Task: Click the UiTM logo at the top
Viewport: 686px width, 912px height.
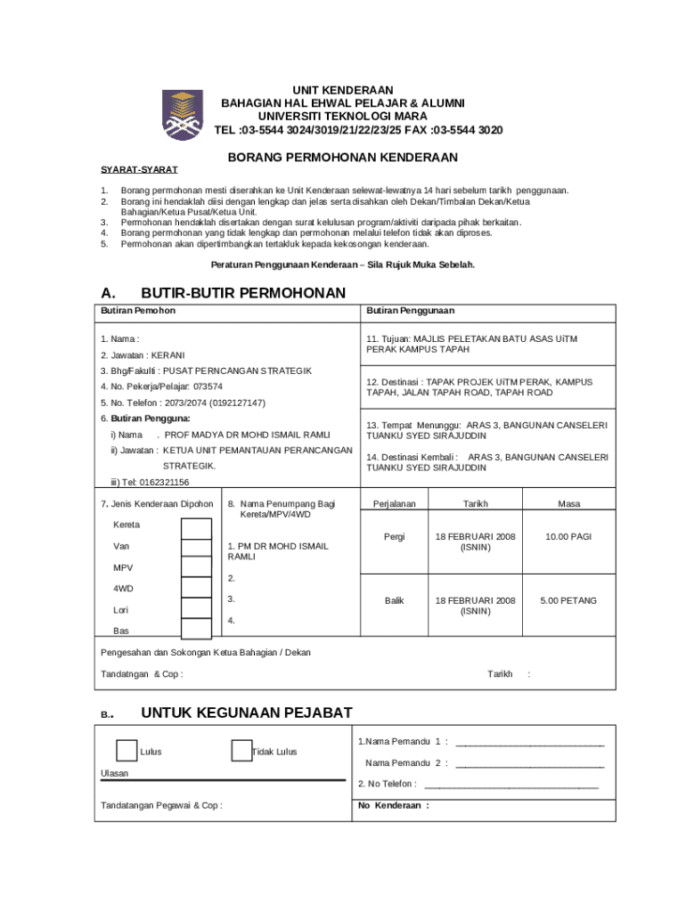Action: (x=182, y=115)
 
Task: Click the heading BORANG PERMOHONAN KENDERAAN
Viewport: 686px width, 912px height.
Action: (x=343, y=158)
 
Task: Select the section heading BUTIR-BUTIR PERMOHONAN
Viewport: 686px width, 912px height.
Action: (x=243, y=293)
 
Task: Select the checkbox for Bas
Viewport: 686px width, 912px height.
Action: (x=196, y=629)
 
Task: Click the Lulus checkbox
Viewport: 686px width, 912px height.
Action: (x=127, y=751)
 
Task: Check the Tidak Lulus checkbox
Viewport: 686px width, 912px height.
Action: (x=241, y=751)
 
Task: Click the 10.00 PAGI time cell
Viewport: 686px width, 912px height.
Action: (x=568, y=537)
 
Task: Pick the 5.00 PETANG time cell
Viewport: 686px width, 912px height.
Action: (x=568, y=601)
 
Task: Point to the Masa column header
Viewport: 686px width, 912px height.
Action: (x=568, y=504)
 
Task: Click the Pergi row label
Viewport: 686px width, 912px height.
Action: (x=394, y=537)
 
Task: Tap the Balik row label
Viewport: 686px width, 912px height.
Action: (x=394, y=601)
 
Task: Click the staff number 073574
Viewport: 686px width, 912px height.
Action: (x=208, y=387)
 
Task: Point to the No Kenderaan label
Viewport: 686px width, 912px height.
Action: (x=393, y=805)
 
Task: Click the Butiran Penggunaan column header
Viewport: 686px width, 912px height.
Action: (x=410, y=311)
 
